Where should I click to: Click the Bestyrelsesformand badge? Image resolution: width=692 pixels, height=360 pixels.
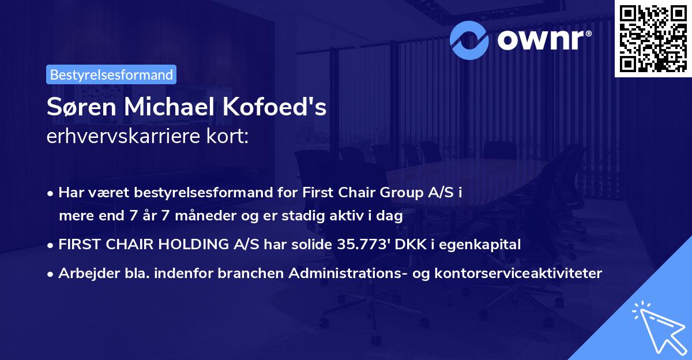[111, 74]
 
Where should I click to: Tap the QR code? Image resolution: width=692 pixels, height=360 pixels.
[653, 39]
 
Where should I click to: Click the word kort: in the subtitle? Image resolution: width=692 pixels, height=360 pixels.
[229, 137]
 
